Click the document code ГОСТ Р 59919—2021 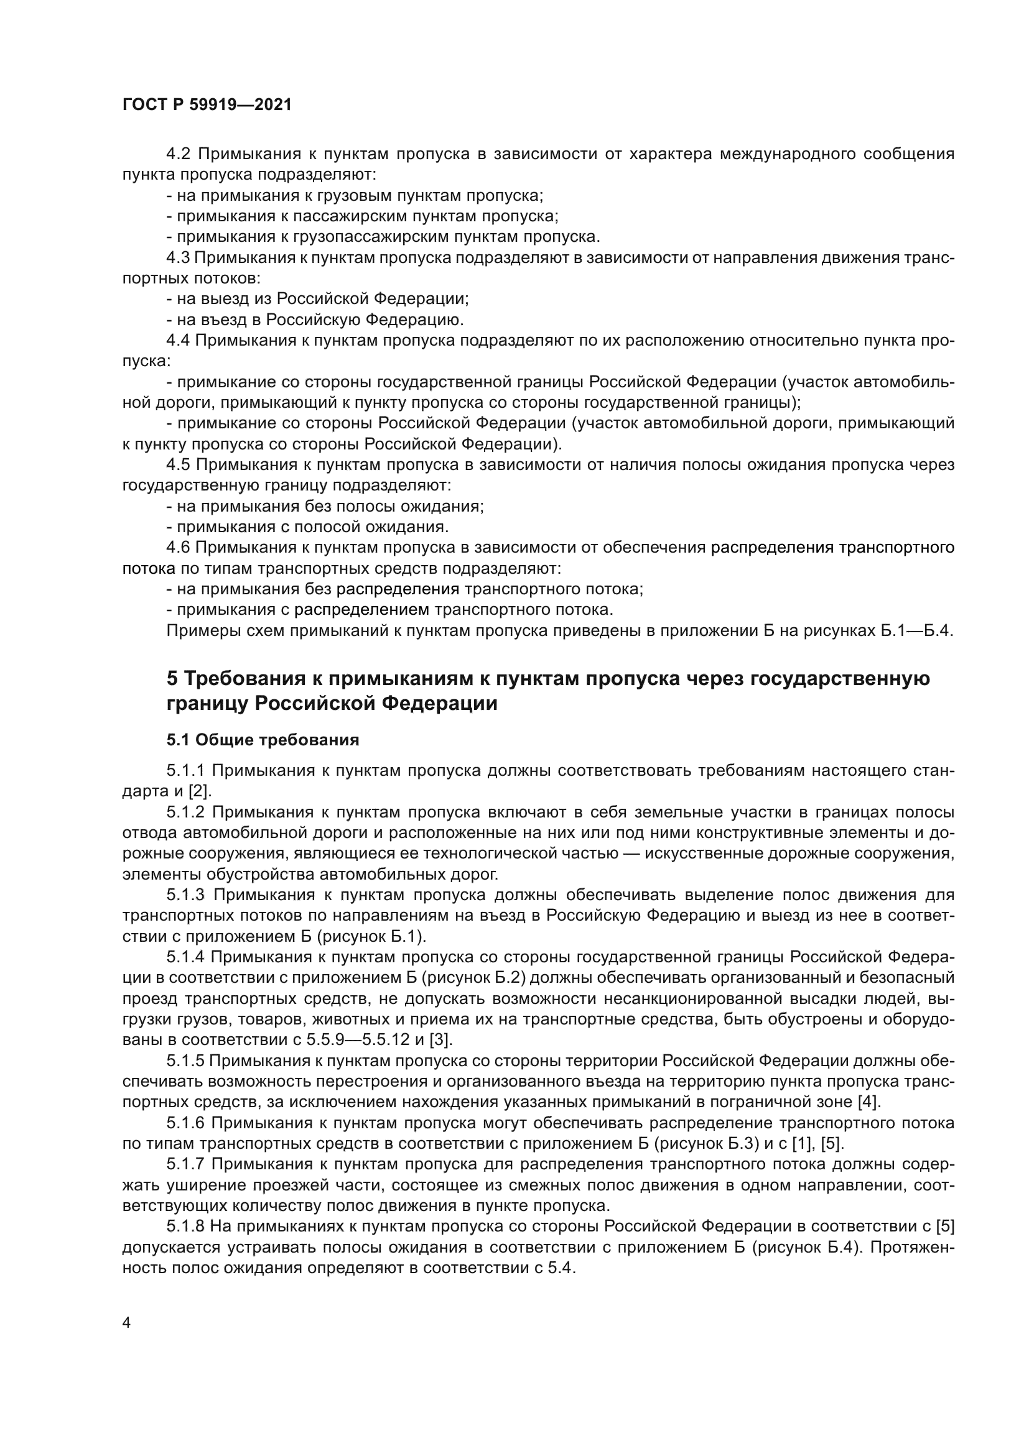(x=207, y=105)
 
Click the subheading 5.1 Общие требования (x=263, y=740)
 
